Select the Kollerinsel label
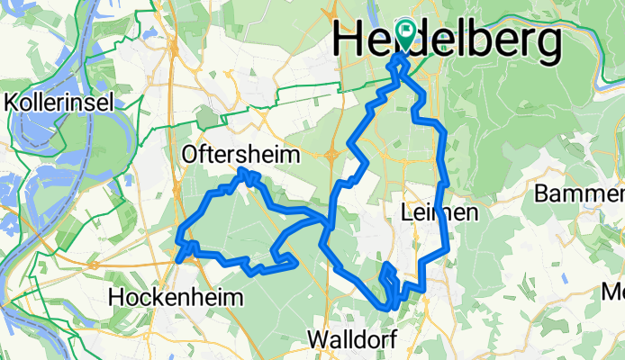click(x=59, y=103)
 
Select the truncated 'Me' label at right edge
click(x=613, y=292)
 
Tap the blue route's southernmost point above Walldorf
click(x=390, y=307)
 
